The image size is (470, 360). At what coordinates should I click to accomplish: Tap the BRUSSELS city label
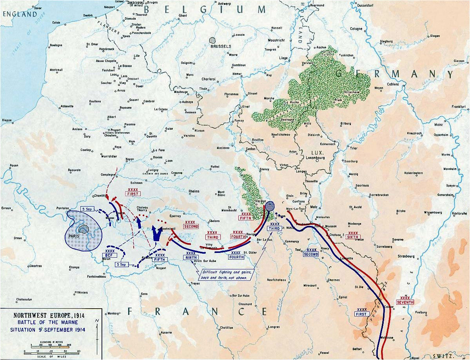[x=220, y=46]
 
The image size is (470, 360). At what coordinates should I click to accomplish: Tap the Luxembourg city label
[x=315, y=158]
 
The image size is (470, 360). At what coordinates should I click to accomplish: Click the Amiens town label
[x=77, y=129]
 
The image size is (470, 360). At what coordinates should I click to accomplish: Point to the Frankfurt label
[x=458, y=107]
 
